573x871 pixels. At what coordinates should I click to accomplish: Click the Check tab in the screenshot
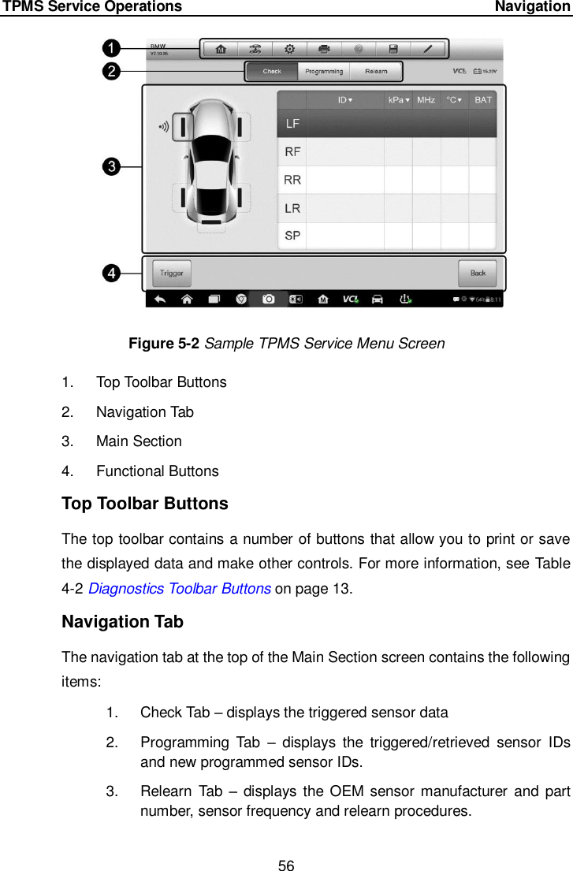click(x=272, y=72)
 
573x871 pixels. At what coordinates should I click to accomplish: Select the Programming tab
click(x=324, y=72)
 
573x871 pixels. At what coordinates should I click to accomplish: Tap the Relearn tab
click(x=376, y=72)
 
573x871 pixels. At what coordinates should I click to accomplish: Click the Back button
click(x=478, y=273)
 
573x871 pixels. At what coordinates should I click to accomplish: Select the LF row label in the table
click(x=292, y=124)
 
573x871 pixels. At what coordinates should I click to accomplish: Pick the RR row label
click(x=292, y=180)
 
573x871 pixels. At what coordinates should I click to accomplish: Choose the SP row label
click(x=292, y=236)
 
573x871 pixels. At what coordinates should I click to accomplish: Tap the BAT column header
click(x=482, y=100)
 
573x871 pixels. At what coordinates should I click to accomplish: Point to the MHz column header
click(x=426, y=100)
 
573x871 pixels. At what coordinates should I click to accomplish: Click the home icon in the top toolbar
click(x=221, y=49)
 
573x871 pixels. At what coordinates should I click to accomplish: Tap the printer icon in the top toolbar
click(x=324, y=49)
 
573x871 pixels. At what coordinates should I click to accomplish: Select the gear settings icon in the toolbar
click(x=290, y=49)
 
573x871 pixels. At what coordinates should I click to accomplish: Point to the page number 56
click(x=286, y=844)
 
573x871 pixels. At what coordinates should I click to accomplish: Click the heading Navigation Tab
click(x=122, y=622)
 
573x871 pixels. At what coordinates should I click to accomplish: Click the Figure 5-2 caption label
click(x=165, y=344)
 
